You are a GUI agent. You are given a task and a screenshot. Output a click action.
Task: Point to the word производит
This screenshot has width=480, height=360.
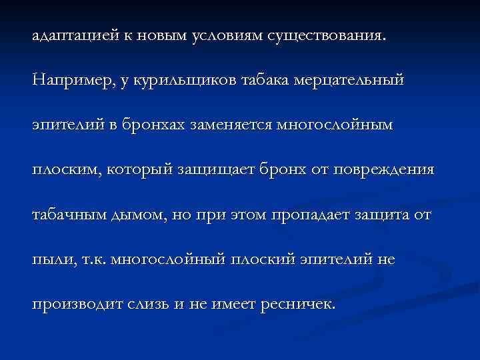[x=77, y=304]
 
